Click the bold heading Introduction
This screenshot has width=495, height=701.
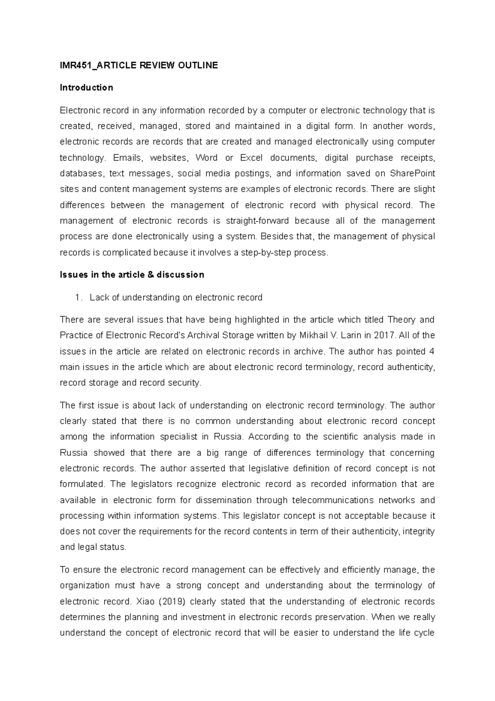click(86, 88)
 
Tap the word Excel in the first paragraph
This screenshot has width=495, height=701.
click(251, 158)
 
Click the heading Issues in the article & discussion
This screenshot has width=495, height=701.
click(132, 275)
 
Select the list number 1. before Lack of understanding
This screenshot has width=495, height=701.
click(79, 298)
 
